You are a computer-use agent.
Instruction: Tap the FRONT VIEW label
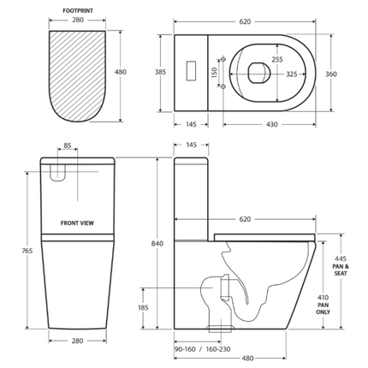tap(77, 223)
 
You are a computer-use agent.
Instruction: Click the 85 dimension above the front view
tap(68, 145)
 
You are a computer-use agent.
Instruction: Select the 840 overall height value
tap(157, 244)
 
